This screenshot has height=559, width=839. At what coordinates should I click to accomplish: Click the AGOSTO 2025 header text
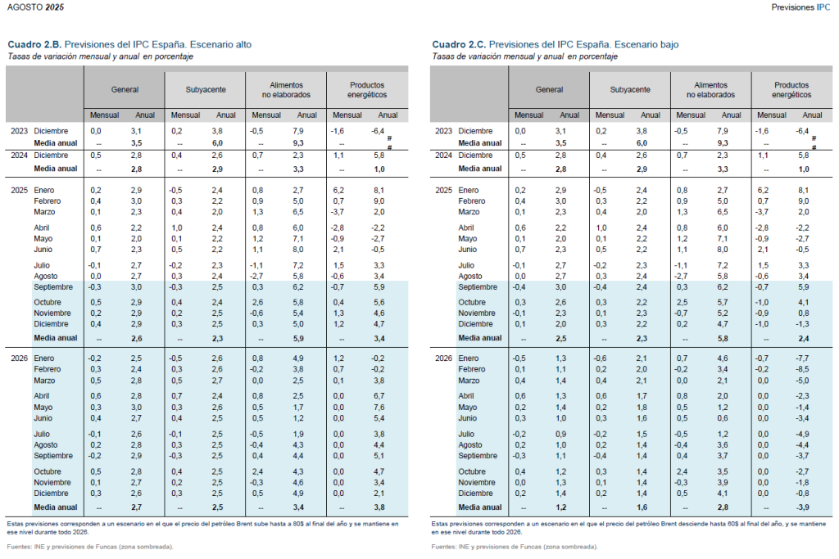click(x=35, y=7)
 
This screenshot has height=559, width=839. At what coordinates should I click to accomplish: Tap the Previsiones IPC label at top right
click(x=800, y=7)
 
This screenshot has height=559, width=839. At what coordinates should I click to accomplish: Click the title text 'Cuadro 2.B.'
click(x=34, y=44)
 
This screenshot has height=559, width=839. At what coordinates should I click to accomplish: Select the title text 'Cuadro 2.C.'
click(x=459, y=44)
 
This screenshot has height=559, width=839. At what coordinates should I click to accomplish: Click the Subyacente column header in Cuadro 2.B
click(x=206, y=90)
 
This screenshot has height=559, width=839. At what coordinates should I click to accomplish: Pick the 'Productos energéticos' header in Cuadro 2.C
click(x=791, y=90)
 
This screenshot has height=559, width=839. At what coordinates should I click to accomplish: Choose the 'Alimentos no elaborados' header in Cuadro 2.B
click(x=286, y=90)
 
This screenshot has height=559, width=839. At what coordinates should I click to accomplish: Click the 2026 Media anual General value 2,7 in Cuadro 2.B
click(x=137, y=507)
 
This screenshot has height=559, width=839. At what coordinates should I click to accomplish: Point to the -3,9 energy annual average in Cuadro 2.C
click(x=803, y=507)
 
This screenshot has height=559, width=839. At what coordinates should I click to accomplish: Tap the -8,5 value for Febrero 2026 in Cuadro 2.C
click(x=803, y=369)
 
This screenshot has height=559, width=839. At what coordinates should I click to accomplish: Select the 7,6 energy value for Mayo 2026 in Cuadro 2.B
click(x=379, y=408)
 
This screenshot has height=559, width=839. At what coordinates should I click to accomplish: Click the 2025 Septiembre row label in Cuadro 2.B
click(x=53, y=287)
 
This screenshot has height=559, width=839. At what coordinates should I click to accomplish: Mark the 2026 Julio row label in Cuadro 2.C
click(x=466, y=434)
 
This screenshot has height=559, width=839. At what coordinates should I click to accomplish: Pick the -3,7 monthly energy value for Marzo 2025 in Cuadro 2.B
click(x=337, y=212)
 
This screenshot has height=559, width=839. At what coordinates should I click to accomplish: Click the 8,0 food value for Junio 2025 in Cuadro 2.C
click(x=723, y=250)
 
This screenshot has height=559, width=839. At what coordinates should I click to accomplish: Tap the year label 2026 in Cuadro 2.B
click(x=20, y=358)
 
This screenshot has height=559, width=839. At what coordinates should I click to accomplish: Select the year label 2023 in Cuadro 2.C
click(x=443, y=131)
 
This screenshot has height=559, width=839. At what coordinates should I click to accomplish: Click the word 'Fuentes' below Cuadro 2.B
click(x=18, y=547)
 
